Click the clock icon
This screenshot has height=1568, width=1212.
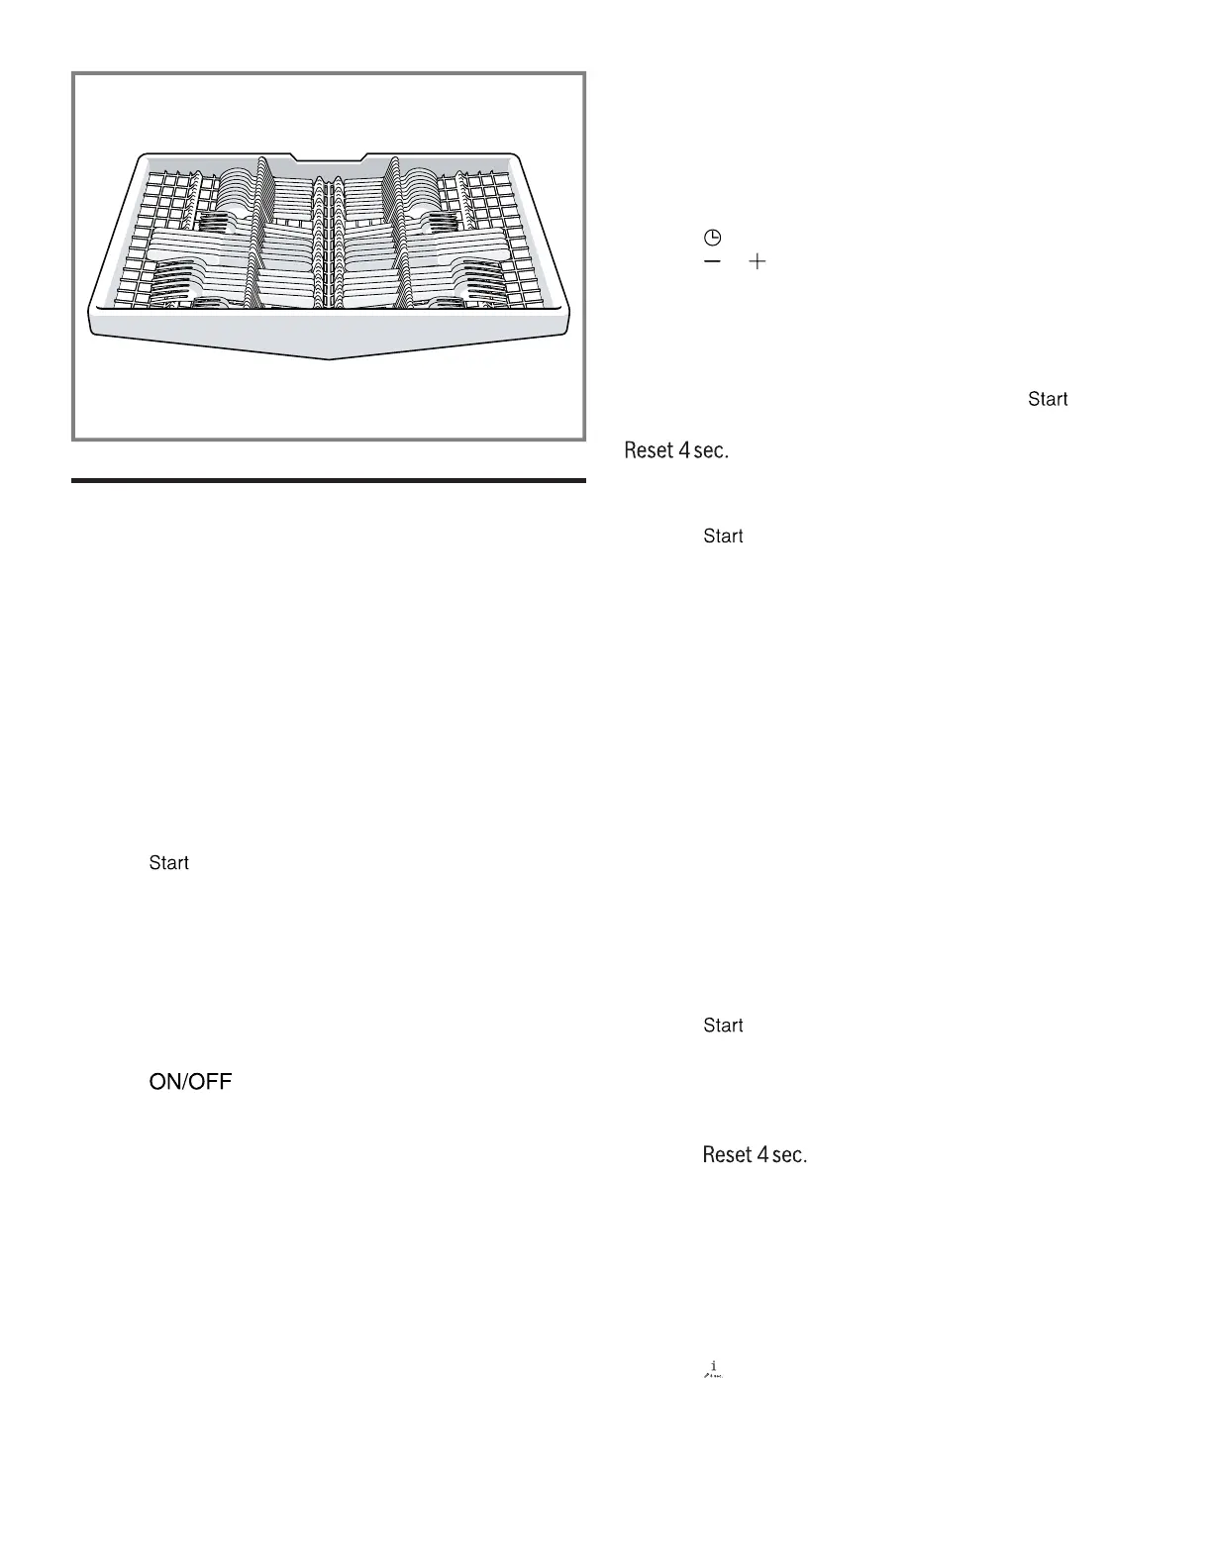(x=712, y=238)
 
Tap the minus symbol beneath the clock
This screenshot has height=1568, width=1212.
(x=712, y=261)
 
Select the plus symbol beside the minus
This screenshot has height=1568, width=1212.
(x=757, y=261)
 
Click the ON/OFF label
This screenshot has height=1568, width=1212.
(x=190, y=1082)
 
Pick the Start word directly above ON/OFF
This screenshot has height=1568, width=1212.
(x=169, y=863)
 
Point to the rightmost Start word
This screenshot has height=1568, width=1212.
(x=1048, y=399)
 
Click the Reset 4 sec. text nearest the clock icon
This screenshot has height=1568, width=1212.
(x=676, y=450)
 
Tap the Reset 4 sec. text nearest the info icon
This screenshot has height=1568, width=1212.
(x=755, y=1155)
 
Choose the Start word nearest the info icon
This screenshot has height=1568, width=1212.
(x=723, y=1026)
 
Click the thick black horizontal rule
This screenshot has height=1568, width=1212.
(x=329, y=481)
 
